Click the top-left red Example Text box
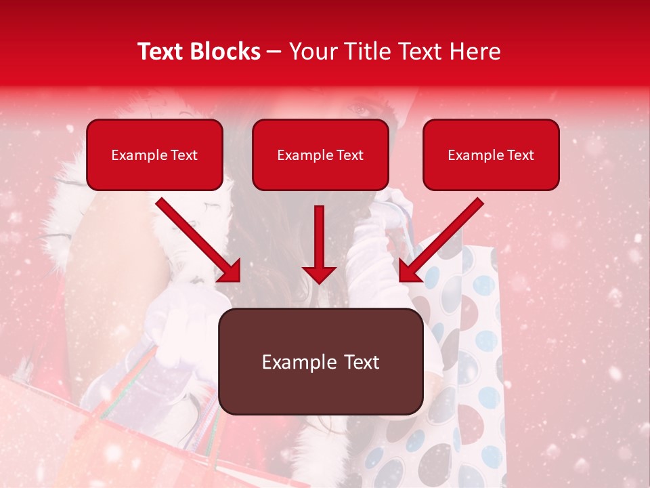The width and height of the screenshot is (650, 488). click(x=154, y=155)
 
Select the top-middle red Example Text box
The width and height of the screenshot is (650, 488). click(x=320, y=155)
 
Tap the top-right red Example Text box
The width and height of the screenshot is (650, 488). click(x=491, y=155)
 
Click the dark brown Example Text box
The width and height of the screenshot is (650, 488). click(x=320, y=361)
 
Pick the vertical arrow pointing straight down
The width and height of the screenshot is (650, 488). click(x=319, y=244)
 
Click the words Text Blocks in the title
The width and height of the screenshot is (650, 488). click(x=199, y=51)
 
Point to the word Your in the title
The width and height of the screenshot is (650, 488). click(x=311, y=51)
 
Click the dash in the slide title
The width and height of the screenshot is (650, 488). click(x=274, y=52)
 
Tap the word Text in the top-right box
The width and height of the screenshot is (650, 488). click(x=520, y=155)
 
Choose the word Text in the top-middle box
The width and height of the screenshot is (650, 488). click(x=349, y=155)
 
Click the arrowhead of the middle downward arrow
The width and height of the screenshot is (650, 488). click(x=319, y=274)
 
